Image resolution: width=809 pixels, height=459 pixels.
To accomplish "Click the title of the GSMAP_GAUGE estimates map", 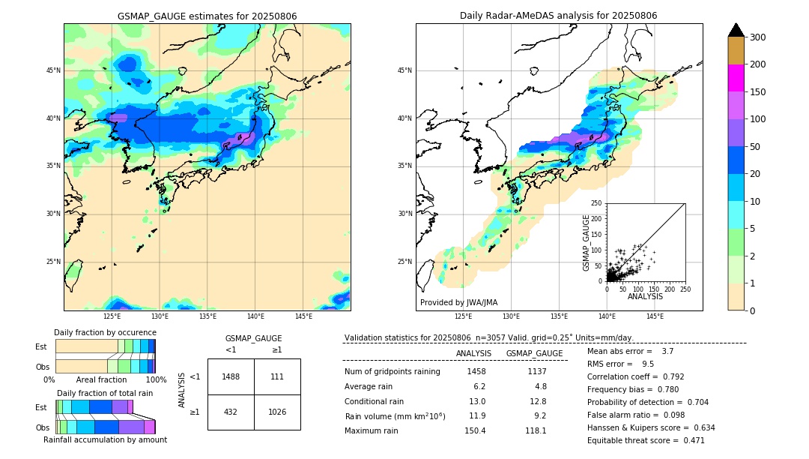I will point(207,16).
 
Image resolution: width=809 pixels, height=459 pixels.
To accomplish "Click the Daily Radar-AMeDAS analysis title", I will point(559,16).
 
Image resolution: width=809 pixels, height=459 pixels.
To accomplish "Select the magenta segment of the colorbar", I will point(736,78).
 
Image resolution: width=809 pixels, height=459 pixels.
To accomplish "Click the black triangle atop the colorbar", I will point(736,30).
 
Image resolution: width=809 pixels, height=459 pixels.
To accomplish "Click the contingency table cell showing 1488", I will point(231,376).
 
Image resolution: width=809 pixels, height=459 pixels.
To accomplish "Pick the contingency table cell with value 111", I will point(277,376).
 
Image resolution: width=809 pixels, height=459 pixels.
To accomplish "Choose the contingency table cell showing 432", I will point(231,412).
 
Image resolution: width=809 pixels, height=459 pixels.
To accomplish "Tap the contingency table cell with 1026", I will point(277,412).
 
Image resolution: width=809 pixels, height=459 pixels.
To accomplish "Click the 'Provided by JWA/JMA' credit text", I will point(458,303).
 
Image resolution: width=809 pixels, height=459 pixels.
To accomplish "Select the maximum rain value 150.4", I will point(475,430).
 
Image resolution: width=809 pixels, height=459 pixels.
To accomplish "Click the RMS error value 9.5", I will point(648,364).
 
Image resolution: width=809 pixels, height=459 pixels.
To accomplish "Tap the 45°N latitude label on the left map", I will point(53,70).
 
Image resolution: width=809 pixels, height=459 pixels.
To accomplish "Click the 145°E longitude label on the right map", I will point(655,317).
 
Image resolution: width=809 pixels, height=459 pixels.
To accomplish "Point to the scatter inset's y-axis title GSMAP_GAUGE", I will point(587,242).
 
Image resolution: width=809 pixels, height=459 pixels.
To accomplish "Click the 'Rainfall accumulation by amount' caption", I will point(105,439).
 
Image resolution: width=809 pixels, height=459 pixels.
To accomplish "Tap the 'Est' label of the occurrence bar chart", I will point(41,346).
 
